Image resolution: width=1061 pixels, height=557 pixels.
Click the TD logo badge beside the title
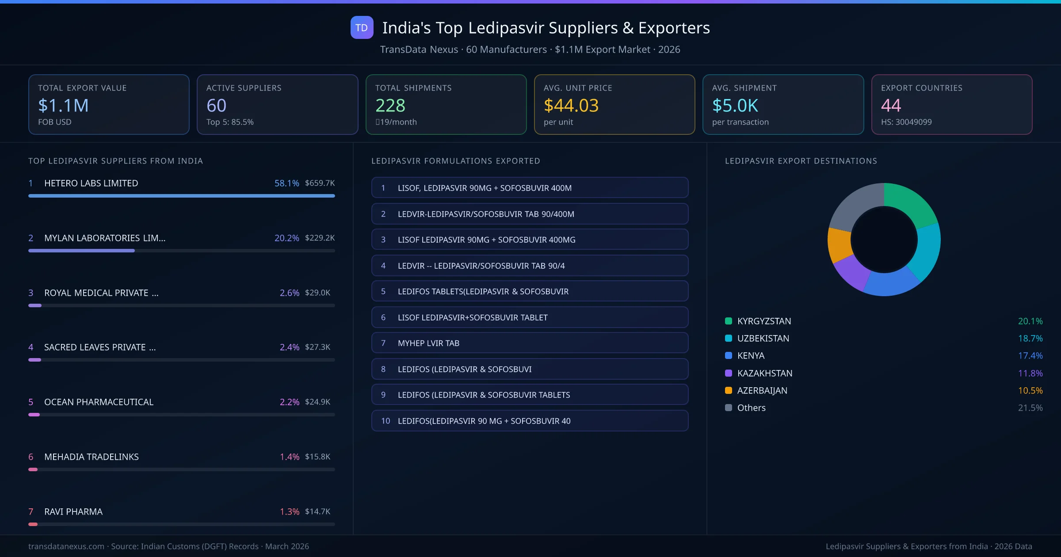(362, 27)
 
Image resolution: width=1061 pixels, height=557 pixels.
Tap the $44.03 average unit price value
(571, 105)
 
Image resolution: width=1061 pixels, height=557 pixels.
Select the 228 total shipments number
(390, 105)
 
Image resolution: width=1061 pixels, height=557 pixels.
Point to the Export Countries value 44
(890, 105)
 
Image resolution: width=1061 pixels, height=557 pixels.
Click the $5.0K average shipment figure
(735, 105)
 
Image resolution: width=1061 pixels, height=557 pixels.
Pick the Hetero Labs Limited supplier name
(91, 183)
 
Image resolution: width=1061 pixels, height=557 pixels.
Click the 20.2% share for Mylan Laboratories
(286, 238)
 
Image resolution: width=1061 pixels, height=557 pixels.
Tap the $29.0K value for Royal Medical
(317, 293)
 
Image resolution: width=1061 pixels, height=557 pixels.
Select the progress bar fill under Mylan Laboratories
(81, 251)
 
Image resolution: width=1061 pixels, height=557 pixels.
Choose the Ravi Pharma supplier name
(73, 511)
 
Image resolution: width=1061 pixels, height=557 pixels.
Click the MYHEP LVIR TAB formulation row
(530, 343)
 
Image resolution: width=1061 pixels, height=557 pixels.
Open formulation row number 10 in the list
(530, 421)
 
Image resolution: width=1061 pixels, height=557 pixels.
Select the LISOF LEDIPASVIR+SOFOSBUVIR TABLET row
(530, 317)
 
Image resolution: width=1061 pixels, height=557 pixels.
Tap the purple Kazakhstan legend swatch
(729, 373)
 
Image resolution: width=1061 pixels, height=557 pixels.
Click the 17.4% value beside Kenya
(1030, 355)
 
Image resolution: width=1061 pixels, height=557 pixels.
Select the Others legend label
(751, 408)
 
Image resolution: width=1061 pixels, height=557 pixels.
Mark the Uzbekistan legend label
(763, 338)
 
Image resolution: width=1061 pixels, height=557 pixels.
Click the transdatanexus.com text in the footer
(66, 546)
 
